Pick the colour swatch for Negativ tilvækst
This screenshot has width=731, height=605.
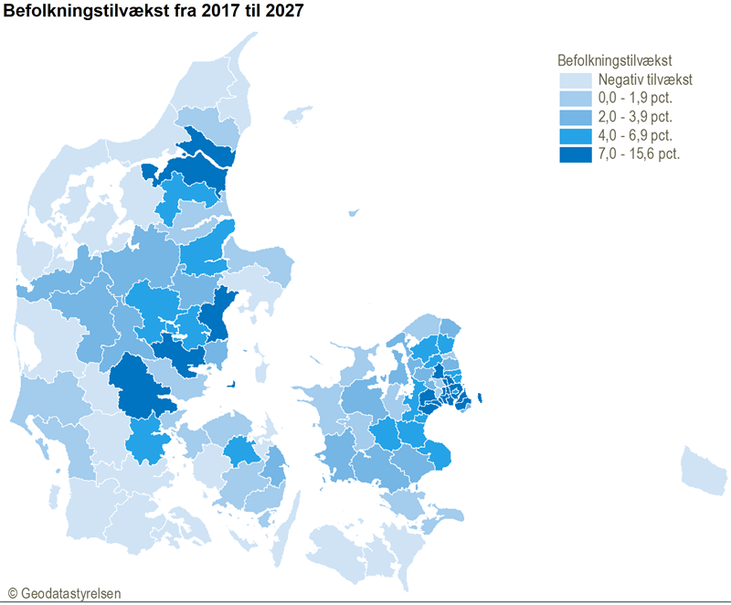pyautogui.click(x=573, y=80)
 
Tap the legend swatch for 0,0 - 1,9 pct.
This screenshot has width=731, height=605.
pyautogui.click(x=573, y=99)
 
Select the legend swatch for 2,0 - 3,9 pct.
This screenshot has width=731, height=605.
pyautogui.click(x=573, y=117)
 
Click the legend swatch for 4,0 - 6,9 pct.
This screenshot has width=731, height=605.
pyautogui.click(x=573, y=135)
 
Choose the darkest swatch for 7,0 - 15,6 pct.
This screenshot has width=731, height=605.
pyautogui.click(x=573, y=154)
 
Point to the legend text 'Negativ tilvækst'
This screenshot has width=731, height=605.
pyautogui.click(x=640, y=80)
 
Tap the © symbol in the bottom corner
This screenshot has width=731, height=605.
pyautogui.click(x=12, y=593)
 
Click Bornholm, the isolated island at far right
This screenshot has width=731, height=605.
pyautogui.click(x=705, y=468)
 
